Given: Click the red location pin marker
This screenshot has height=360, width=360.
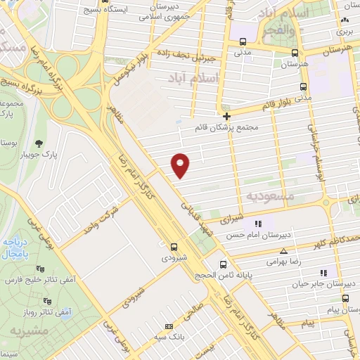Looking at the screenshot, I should [x=181, y=165].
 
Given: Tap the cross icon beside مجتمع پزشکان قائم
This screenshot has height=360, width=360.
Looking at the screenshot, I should [x=226, y=116].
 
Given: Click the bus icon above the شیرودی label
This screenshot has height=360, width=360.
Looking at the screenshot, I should [x=173, y=246].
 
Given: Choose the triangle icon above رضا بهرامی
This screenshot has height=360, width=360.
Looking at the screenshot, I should [x=284, y=250].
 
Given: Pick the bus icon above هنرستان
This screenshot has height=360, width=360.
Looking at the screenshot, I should [x=294, y=51].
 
